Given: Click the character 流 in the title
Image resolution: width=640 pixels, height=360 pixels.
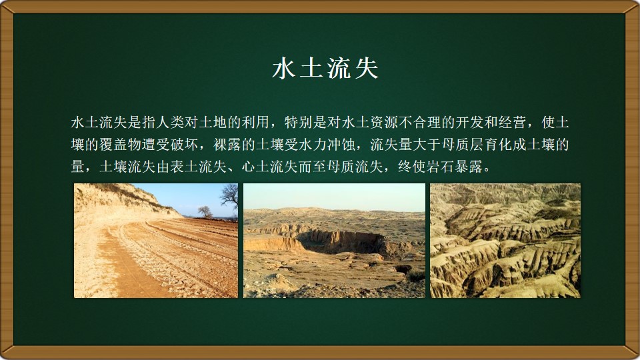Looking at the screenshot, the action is click(339, 68).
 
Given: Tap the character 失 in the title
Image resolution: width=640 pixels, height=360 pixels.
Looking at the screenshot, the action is click(366, 68).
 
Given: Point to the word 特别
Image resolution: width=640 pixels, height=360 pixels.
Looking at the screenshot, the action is click(298, 122).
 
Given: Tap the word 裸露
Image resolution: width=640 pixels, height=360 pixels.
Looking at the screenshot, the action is click(227, 144).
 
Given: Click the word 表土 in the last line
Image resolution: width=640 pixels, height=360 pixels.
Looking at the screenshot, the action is click(184, 166).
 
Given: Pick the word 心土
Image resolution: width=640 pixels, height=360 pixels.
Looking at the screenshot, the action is click(255, 166).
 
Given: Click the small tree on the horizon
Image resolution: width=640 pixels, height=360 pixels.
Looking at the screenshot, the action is click(205, 211).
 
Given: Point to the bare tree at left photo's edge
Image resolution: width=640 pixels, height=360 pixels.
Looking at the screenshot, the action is click(230, 197).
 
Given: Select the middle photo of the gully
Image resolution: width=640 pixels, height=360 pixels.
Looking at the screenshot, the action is click(334, 241).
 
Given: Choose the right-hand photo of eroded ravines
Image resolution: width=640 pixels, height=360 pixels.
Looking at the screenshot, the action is click(505, 241).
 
